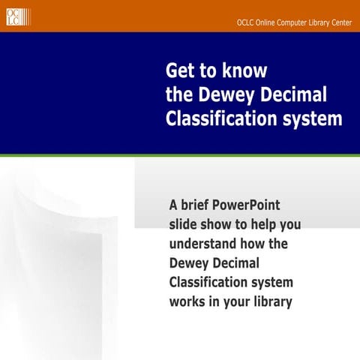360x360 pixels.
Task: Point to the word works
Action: tap(187, 301)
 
